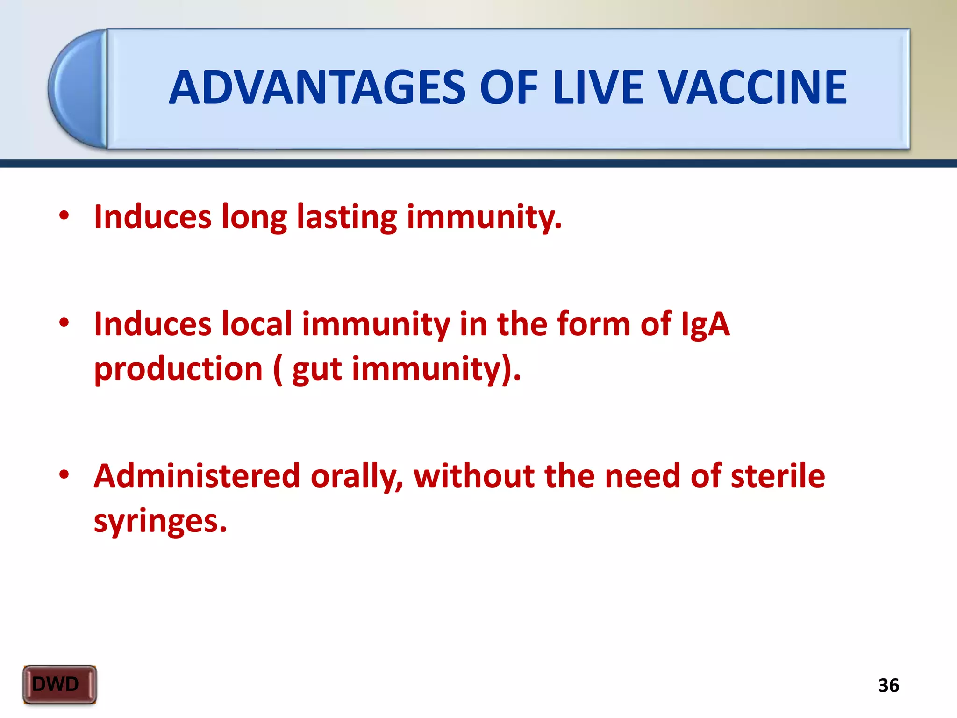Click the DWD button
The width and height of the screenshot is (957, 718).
(59, 684)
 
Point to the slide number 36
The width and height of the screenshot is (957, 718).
(888, 686)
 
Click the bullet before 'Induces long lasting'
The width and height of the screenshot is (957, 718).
(64, 216)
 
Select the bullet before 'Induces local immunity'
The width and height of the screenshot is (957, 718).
(64, 323)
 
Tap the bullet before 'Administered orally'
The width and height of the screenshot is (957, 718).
(64, 475)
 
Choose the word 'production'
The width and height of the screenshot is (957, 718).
(179, 369)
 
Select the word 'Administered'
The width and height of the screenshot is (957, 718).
(197, 476)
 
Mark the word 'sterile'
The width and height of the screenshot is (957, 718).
(778, 476)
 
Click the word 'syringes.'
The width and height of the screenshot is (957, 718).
(160, 522)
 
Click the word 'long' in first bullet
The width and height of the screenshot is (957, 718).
(254, 218)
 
